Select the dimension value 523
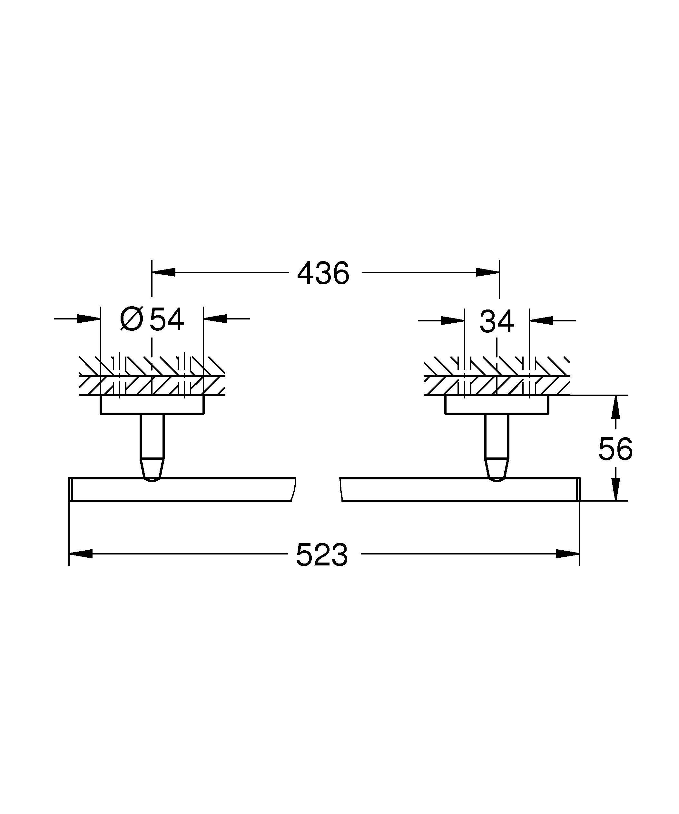click(x=322, y=555)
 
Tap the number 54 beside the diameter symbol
click(x=167, y=320)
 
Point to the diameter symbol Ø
click(x=132, y=319)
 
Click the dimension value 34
click(x=497, y=321)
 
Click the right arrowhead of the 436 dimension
click(x=487, y=272)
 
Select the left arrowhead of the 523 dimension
click(x=81, y=554)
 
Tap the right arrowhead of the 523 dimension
click(x=568, y=554)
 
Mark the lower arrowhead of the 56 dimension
click(x=615, y=489)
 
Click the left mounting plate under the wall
click(x=152, y=405)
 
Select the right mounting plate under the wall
click(x=497, y=405)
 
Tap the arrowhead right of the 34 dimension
click(x=541, y=320)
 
